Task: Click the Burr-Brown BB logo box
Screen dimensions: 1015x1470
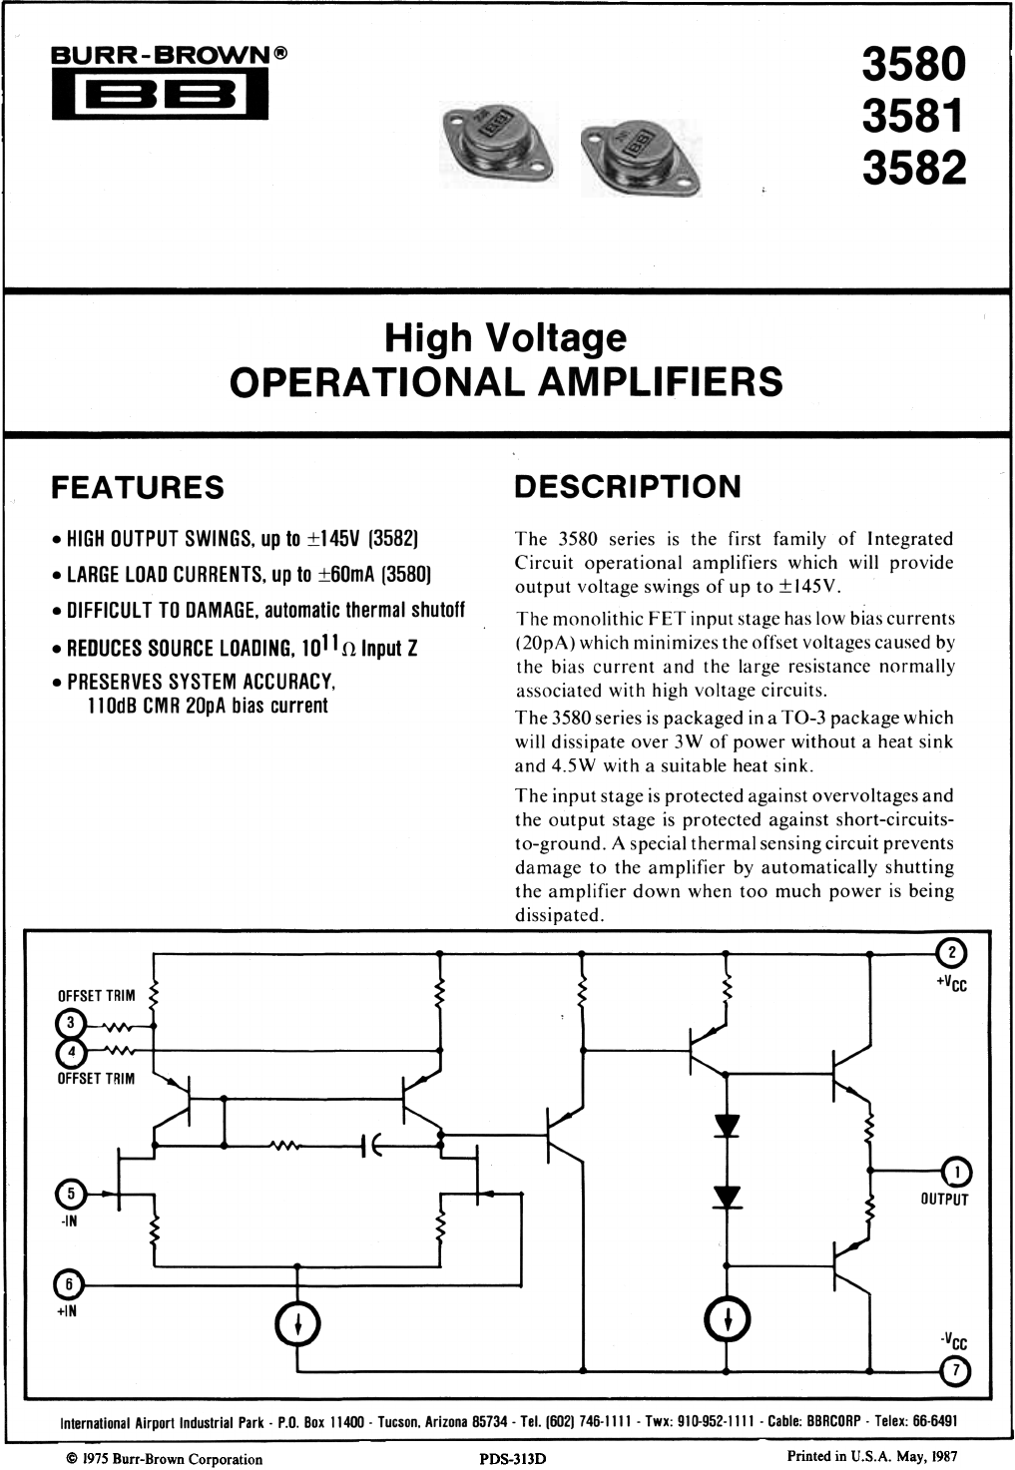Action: [160, 93]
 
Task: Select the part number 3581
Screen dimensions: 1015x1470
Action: [914, 116]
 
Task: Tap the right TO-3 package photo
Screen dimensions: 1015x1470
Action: [641, 157]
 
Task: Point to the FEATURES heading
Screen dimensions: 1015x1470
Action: [138, 488]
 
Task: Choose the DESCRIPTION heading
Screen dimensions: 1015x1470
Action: [628, 487]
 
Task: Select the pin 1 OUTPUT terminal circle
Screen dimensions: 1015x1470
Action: [957, 1172]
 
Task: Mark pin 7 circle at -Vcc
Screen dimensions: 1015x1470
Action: [956, 1372]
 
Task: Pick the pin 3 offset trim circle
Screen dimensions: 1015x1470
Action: [72, 1023]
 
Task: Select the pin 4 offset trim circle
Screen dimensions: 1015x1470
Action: [72, 1052]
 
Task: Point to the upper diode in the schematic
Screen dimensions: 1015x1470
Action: [727, 1126]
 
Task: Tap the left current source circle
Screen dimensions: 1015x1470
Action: [297, 1326]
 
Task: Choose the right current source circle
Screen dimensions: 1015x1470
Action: [727, 1319]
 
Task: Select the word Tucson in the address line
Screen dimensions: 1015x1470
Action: [398, 1422]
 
